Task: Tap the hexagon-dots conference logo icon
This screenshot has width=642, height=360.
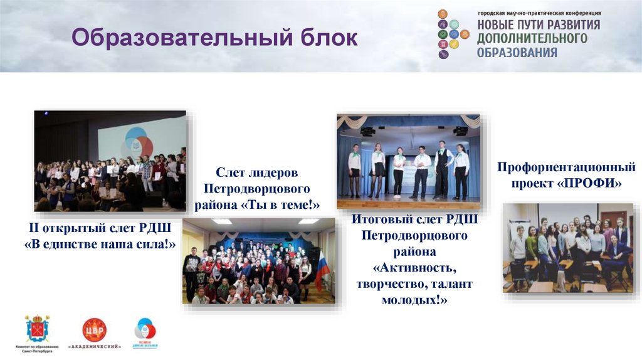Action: click(x=452, y=34)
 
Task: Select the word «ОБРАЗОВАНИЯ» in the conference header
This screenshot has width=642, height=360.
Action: click(x=517, y=53)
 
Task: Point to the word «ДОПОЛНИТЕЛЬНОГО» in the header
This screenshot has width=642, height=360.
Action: click(x=532, y=39)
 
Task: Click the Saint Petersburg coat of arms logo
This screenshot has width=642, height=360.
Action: click(x=36, y=327)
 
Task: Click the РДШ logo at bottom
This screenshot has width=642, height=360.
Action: click(x=145, y=329)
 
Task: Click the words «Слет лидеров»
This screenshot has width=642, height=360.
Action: click(x=258, y=172)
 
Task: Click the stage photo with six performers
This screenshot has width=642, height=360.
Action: click(x=408, y=161)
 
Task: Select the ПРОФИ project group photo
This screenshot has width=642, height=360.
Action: click(x=568, y=248)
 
